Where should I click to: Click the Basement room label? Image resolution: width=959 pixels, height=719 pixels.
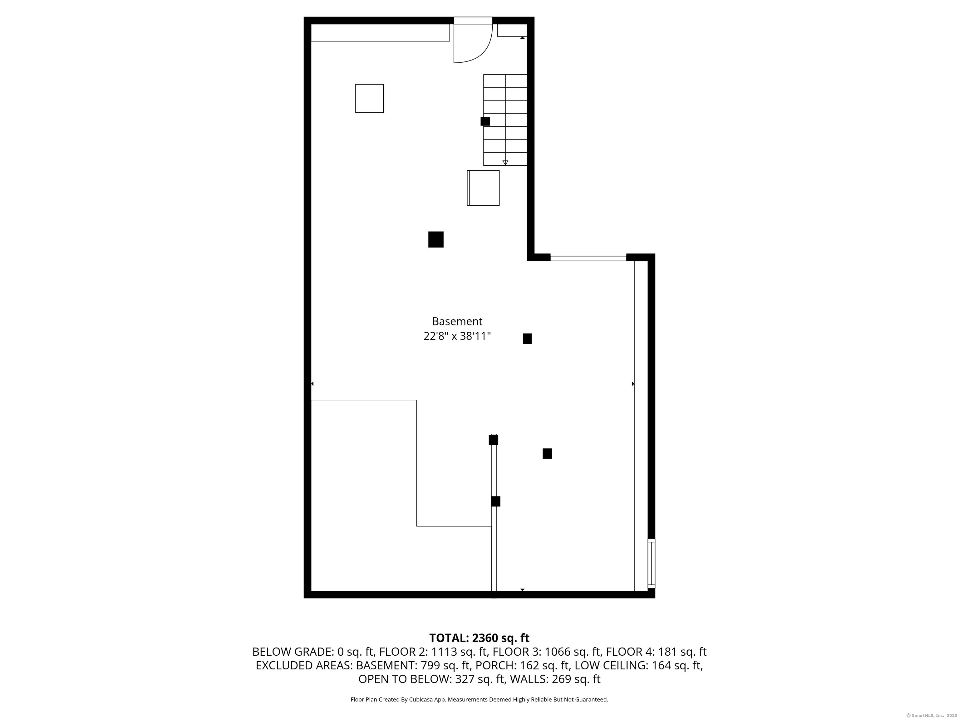pos(457,321)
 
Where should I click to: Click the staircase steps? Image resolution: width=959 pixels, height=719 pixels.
pos(505,119)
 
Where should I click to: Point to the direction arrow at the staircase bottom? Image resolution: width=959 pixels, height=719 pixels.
pos(505,163)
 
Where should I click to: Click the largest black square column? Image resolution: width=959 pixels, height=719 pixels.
pos(436,239)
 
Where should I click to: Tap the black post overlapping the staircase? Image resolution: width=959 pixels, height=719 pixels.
pos(485,121)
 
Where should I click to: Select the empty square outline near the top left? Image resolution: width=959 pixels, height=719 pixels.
pos(369,98)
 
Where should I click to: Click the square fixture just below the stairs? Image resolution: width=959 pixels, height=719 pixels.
pos(483,188)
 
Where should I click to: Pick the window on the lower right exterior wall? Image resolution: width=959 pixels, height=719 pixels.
pos(651,563)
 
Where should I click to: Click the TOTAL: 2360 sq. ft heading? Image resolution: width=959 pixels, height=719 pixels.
pos(479,638)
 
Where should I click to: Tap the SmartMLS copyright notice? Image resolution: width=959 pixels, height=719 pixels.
pos(931,715)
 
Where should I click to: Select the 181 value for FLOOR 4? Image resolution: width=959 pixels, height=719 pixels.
pos(668,652)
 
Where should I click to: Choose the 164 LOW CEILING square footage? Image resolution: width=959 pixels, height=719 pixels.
pos(661,665)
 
